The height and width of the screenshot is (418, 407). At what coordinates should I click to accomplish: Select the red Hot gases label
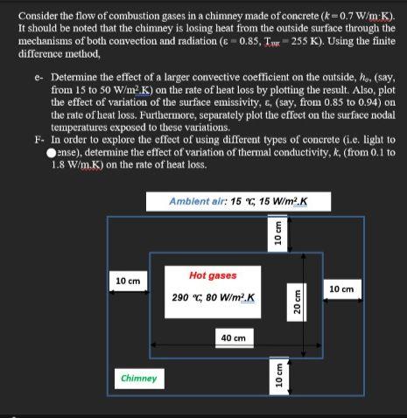pyautogui.click(x=213, y=275)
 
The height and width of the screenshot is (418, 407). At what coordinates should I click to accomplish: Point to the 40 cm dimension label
pyautogui.click(x=232, y=337)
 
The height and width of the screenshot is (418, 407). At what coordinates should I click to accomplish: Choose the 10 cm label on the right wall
pyautogui.click(x=340, y=289)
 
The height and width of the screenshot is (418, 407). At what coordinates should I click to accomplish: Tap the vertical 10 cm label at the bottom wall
pyautogui.click(x=278, y=375)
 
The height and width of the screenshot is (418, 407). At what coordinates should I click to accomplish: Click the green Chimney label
pyautogui.click(x=138, y=378)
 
